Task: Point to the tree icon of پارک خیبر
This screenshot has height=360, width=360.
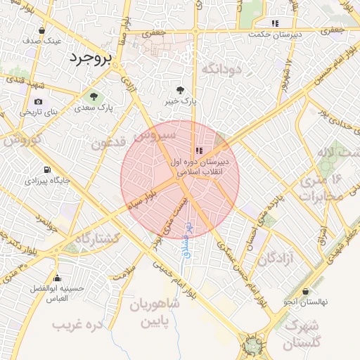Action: click(181, 90)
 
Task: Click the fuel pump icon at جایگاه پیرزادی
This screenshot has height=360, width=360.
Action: click(46, 169)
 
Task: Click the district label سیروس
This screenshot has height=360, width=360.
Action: click(157, 134)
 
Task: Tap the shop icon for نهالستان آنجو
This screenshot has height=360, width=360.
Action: click(305, 291)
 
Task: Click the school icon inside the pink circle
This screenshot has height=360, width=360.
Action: click(199, 150)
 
